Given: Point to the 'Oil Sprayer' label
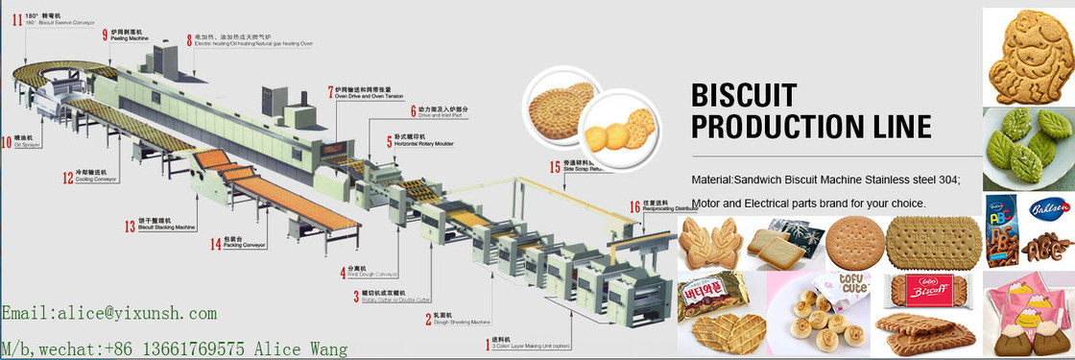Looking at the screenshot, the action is [26, 147].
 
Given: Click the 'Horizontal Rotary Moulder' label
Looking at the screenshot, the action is [423, 143].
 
